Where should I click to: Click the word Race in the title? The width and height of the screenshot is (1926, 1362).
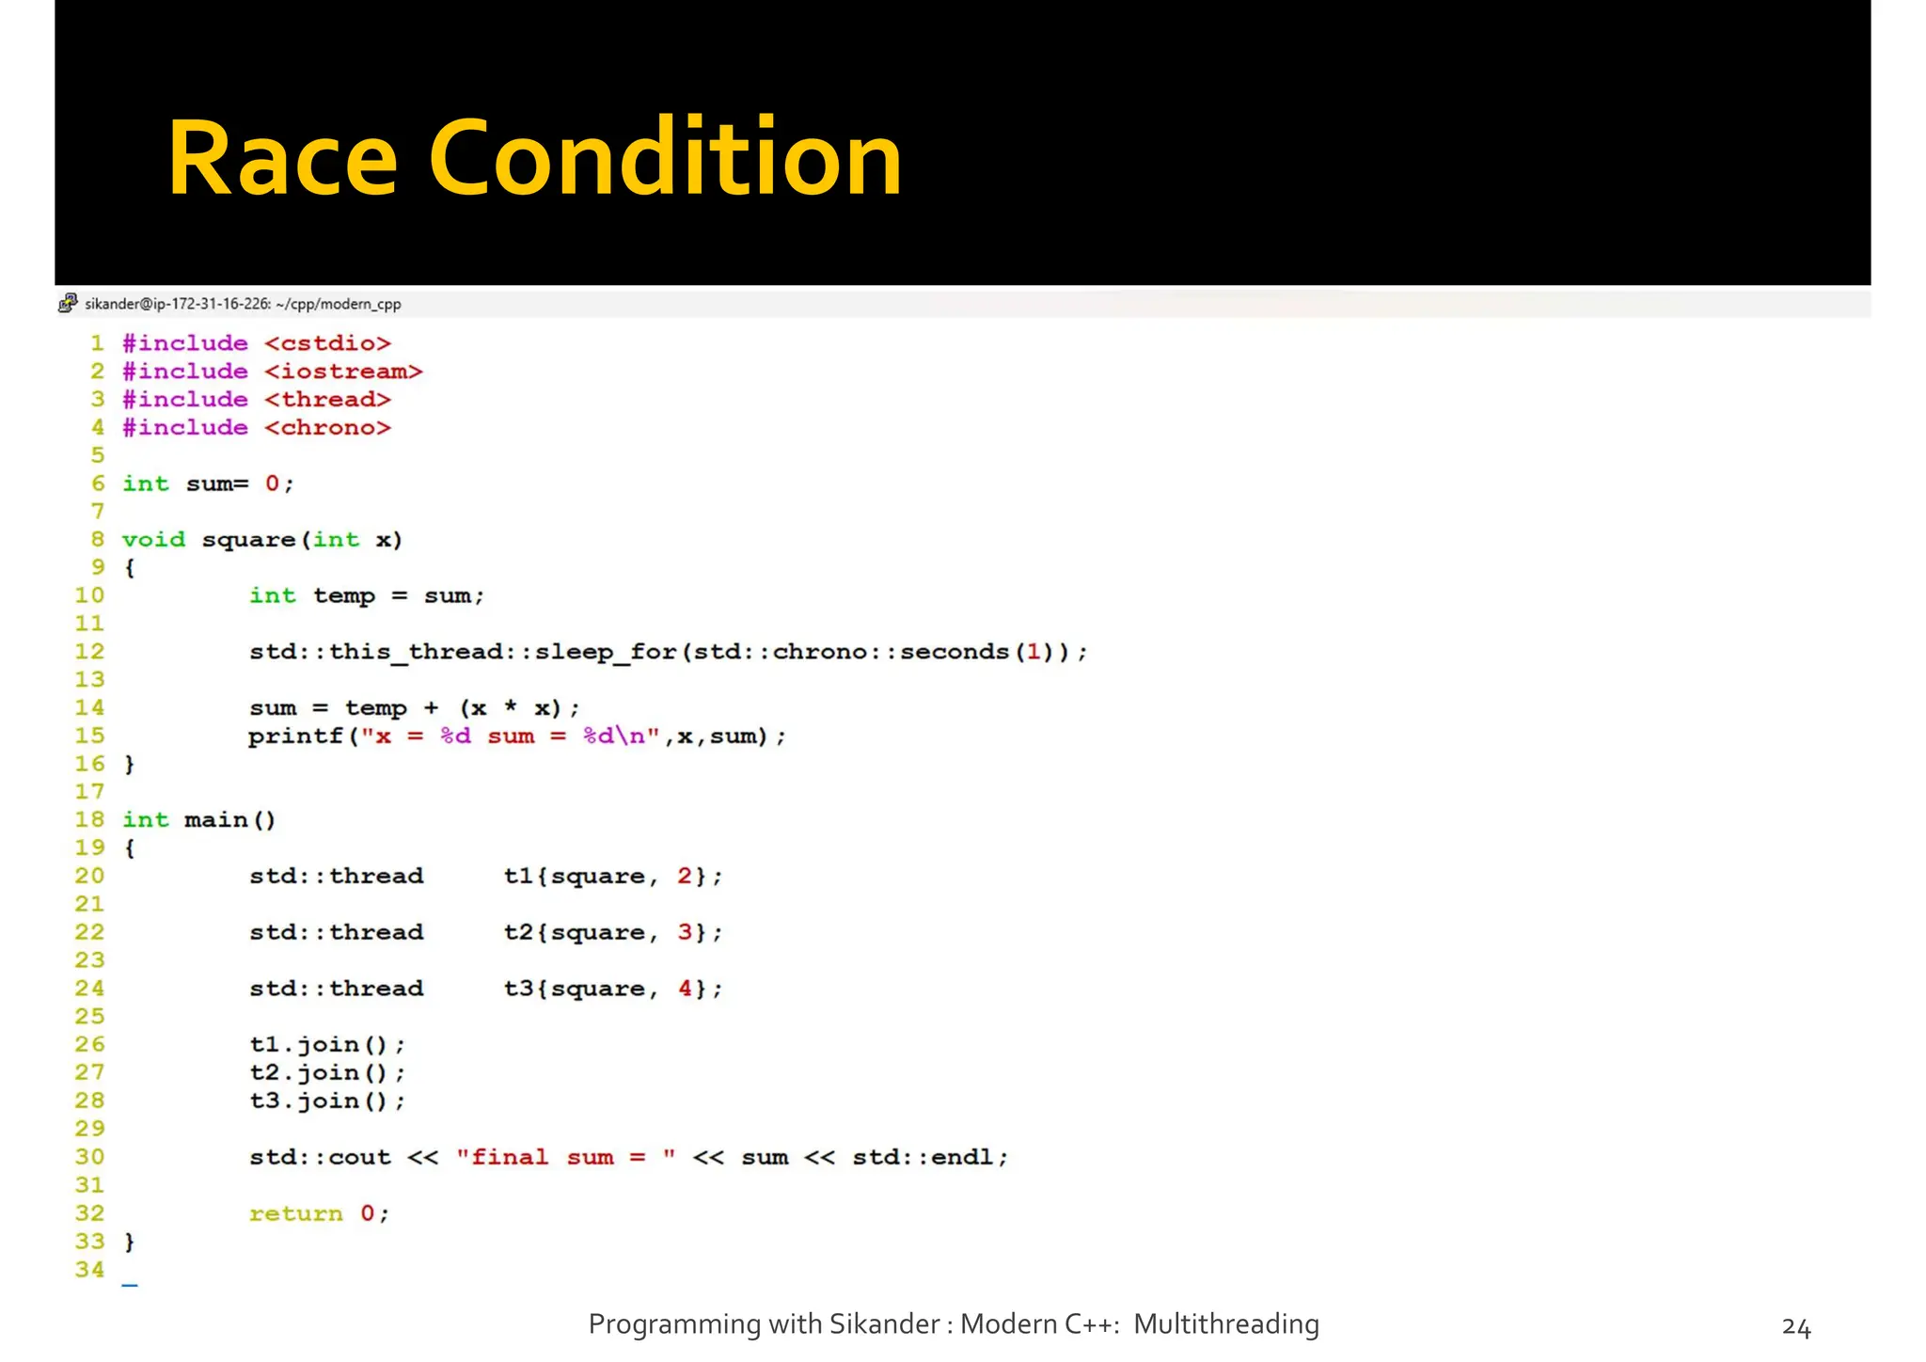pyautogui.click(x=282, y=158)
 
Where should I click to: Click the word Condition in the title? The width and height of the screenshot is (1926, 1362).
pyautogui.click(x=665, y=158)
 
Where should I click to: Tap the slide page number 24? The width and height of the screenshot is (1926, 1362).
pyautogui.click(x=1795, y=1327)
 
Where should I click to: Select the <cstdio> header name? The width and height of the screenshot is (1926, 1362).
pyautogui.click(x=327, y=343)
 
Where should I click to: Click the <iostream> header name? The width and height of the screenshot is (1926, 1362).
pyautogui.click(x=343, y=372)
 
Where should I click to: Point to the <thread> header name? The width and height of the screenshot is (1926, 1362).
pyautogui.click(x=327, y=400)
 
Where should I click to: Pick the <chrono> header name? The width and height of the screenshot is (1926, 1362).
pyautogui.click(x=327, y=428)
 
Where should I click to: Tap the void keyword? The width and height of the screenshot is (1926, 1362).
pyautogui.click(x=153, y=540)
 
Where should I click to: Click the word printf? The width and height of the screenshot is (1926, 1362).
pyautogui.click(x=295, y=736)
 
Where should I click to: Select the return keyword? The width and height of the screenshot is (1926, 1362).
pyautogui.click(x=295, y=1213)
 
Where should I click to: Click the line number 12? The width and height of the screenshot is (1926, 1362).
pyautogui.click(x=89, y=652)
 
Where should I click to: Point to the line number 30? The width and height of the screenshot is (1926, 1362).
pyautogui.click(x=89, y=1157)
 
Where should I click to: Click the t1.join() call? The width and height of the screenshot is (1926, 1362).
pyautogui.click(x=327, y=1045)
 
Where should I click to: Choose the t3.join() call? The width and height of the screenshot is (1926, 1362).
pyautogui.click(x=327, y=1101)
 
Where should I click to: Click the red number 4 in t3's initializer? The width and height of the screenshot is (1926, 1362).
pyautogui.click(x=685, y=989)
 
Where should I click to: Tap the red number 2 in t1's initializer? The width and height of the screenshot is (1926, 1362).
pyautogui.click(x=685, y=877)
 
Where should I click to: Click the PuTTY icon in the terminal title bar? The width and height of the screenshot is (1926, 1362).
pyautogui.click(x=68, y=303)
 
